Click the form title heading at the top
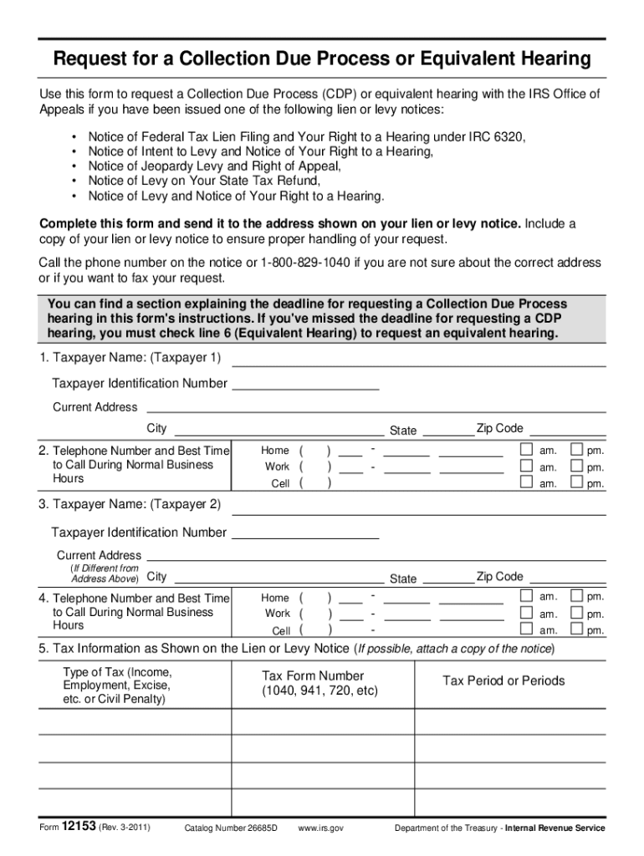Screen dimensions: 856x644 [x=322, y=59]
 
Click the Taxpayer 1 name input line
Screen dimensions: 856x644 [x=418, y=359]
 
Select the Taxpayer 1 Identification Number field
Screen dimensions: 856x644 [x=304, y=384]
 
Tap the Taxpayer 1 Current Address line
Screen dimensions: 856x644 [x=376, y=406]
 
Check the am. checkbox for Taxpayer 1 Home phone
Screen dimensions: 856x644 [x=526, y=449]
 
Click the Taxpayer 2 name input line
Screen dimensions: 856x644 [x=418, y=507]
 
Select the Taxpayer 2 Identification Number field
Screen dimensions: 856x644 [x=304, y=532]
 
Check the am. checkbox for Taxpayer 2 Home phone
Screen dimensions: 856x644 [x=526, y=596]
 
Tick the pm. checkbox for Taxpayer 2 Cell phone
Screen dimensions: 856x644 [x=575, y=629]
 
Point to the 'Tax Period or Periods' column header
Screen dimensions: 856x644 [x=503, y=680]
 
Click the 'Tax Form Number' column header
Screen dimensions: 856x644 [x=313, y=676]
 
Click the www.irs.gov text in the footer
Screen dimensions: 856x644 [x=320, y=828]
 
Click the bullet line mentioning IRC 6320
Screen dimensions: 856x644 [x=307, y=136]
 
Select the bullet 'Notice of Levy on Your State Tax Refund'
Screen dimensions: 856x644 [x=204, y=181]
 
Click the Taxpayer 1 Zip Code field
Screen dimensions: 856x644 [x=569, y=430]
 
